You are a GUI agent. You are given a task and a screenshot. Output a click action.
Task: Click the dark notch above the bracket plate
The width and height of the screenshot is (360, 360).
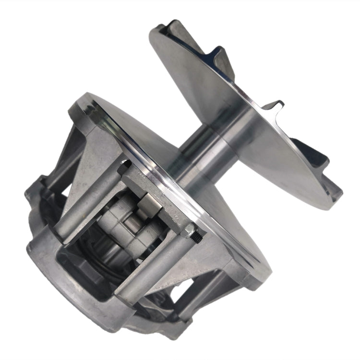pyautogui.click(x=126, y=166)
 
